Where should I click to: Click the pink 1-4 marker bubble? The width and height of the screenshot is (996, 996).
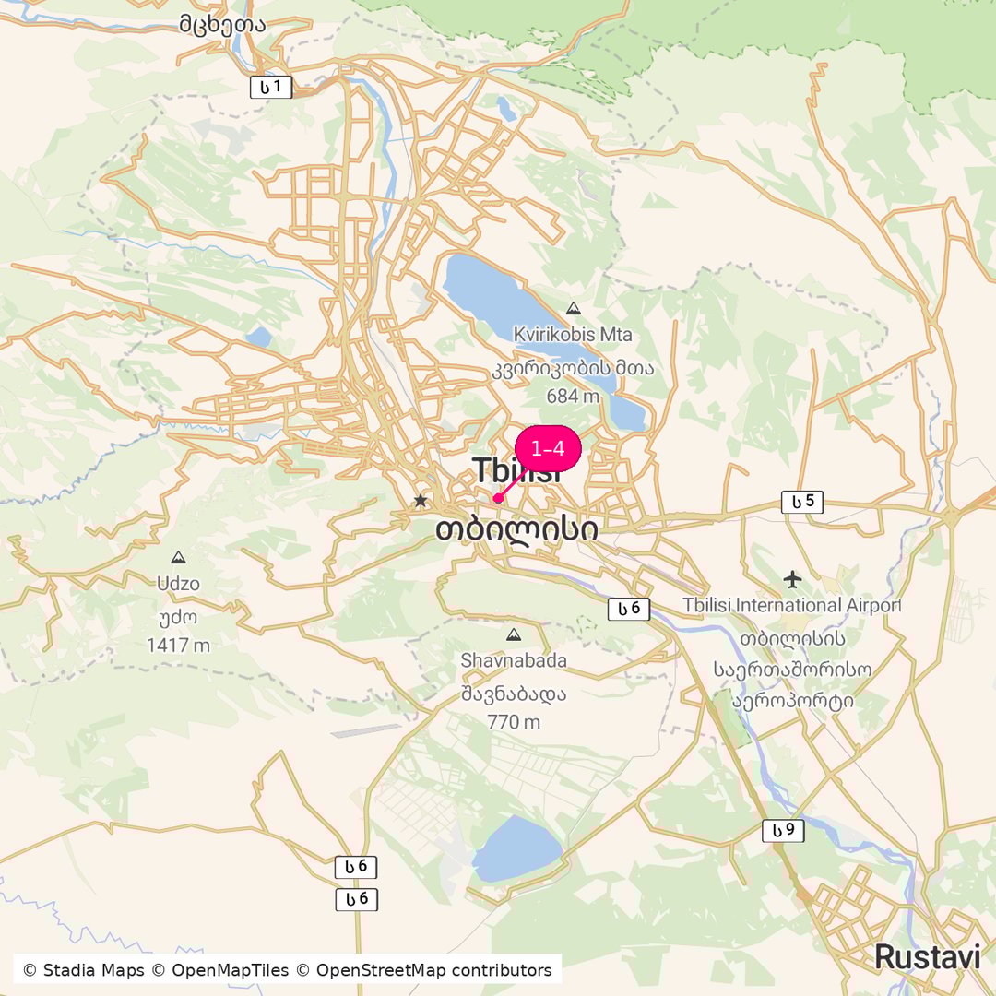548,449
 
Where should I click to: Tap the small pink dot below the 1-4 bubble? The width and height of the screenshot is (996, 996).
498,499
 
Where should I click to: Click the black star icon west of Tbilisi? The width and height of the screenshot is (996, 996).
421,500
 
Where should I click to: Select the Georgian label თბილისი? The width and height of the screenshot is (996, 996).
516,529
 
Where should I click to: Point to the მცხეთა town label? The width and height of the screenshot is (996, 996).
223,24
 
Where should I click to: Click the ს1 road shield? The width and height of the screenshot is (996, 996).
271,88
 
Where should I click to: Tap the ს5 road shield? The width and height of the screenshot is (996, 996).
802,502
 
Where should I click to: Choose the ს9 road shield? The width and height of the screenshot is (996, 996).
783,831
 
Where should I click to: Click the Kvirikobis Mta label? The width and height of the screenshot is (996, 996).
574,334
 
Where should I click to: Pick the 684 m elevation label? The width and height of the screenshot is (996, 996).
573,397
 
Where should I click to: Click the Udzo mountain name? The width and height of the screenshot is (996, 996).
178,584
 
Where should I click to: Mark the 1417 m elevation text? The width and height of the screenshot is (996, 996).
178,645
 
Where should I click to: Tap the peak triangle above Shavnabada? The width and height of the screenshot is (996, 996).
514,634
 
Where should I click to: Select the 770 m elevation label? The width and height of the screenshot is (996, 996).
514,722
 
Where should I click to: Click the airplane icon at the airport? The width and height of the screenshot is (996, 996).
792,579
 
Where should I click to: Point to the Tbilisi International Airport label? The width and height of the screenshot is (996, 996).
791,605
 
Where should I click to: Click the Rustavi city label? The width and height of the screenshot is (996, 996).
927,956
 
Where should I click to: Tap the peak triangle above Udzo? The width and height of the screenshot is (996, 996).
178,558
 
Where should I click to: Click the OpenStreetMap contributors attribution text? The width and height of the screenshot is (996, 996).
433,970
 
